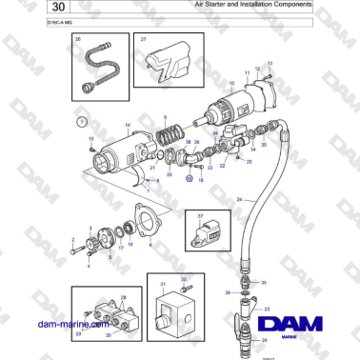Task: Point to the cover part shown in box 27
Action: [170, 62]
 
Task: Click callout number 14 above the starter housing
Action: [128, 124]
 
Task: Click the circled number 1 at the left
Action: [82, 123]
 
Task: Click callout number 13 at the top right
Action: [270, 63]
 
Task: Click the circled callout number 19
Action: [189, 178]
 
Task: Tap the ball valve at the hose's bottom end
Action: [250, 340]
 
